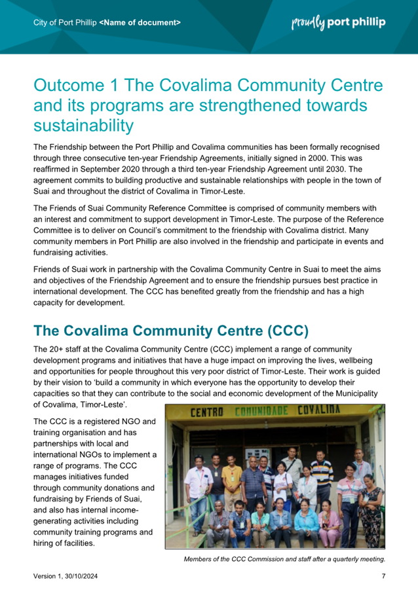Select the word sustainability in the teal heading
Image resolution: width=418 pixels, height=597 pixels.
pos(83,124)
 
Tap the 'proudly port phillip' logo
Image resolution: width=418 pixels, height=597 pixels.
pos(338,23)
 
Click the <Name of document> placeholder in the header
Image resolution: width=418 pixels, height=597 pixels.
pos(140,23)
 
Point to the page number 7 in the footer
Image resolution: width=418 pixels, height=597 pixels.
pos(383,576)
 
